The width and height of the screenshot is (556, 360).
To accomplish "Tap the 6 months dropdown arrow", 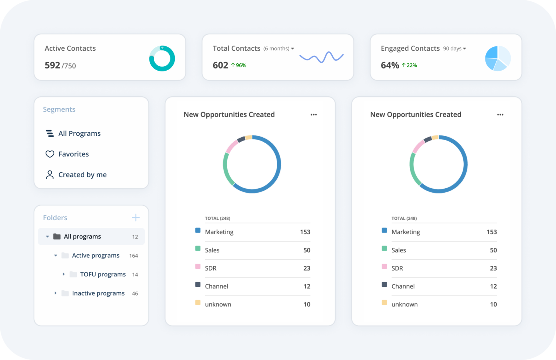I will [292, 49].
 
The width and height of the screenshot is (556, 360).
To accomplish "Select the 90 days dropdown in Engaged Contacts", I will [455, 49].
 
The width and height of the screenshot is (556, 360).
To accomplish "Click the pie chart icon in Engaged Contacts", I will [498, 58].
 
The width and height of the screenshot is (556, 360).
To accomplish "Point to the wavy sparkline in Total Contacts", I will [321, 57].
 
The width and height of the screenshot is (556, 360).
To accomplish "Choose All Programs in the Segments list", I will [79, 134].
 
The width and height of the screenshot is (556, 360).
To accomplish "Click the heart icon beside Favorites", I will [50, 154].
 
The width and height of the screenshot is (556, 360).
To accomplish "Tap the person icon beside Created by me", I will [50, 175].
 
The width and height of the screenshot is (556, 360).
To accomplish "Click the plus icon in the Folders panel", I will [136, 218].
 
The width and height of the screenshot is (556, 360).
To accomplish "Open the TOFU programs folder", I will [103, 275].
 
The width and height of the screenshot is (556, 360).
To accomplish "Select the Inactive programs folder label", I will [98, 293].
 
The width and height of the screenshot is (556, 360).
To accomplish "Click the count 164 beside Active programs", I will [134, 256].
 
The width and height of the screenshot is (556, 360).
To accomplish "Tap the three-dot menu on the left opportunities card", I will [313, 115].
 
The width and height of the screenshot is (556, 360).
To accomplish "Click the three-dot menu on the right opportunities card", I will [500, 115].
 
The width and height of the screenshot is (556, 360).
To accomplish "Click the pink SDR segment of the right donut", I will [418, 147].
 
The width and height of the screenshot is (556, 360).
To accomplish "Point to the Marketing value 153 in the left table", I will [305, 232].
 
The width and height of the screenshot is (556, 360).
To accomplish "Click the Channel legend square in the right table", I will [384, 285].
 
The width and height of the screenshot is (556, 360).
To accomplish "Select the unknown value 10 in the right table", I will [493, 305].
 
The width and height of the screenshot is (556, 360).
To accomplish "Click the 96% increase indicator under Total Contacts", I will [239, 66].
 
